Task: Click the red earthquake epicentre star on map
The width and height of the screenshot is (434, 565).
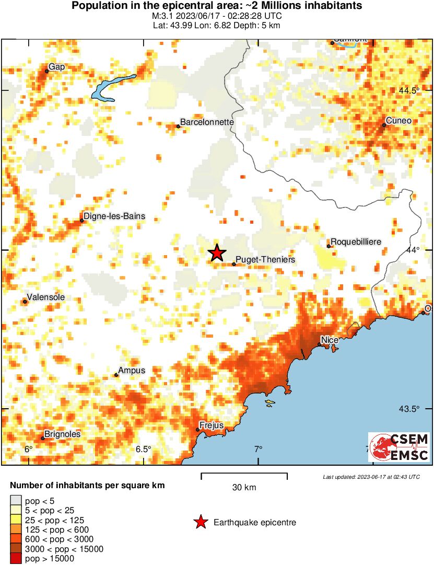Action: [217, 253]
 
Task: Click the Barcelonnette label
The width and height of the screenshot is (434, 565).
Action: [207, 122]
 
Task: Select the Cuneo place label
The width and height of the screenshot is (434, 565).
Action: [399, 121]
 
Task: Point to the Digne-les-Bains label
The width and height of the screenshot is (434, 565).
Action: [115, 216]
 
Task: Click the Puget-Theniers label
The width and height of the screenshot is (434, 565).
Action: [266, 259]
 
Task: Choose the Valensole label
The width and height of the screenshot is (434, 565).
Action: [45, 297]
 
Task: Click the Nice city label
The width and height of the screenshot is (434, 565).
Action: [330, 340]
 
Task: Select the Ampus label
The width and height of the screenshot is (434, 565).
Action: [132, 370]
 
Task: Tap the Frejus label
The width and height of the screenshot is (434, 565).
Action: [212, 425]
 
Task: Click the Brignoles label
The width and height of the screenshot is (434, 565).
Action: [62, 434]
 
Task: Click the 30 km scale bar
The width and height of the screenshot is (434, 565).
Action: [244, 475]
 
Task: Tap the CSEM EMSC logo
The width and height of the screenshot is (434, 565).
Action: [400, 447]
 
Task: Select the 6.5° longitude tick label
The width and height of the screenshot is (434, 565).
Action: [143, 449]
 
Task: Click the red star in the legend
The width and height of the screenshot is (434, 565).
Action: [200, 522]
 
